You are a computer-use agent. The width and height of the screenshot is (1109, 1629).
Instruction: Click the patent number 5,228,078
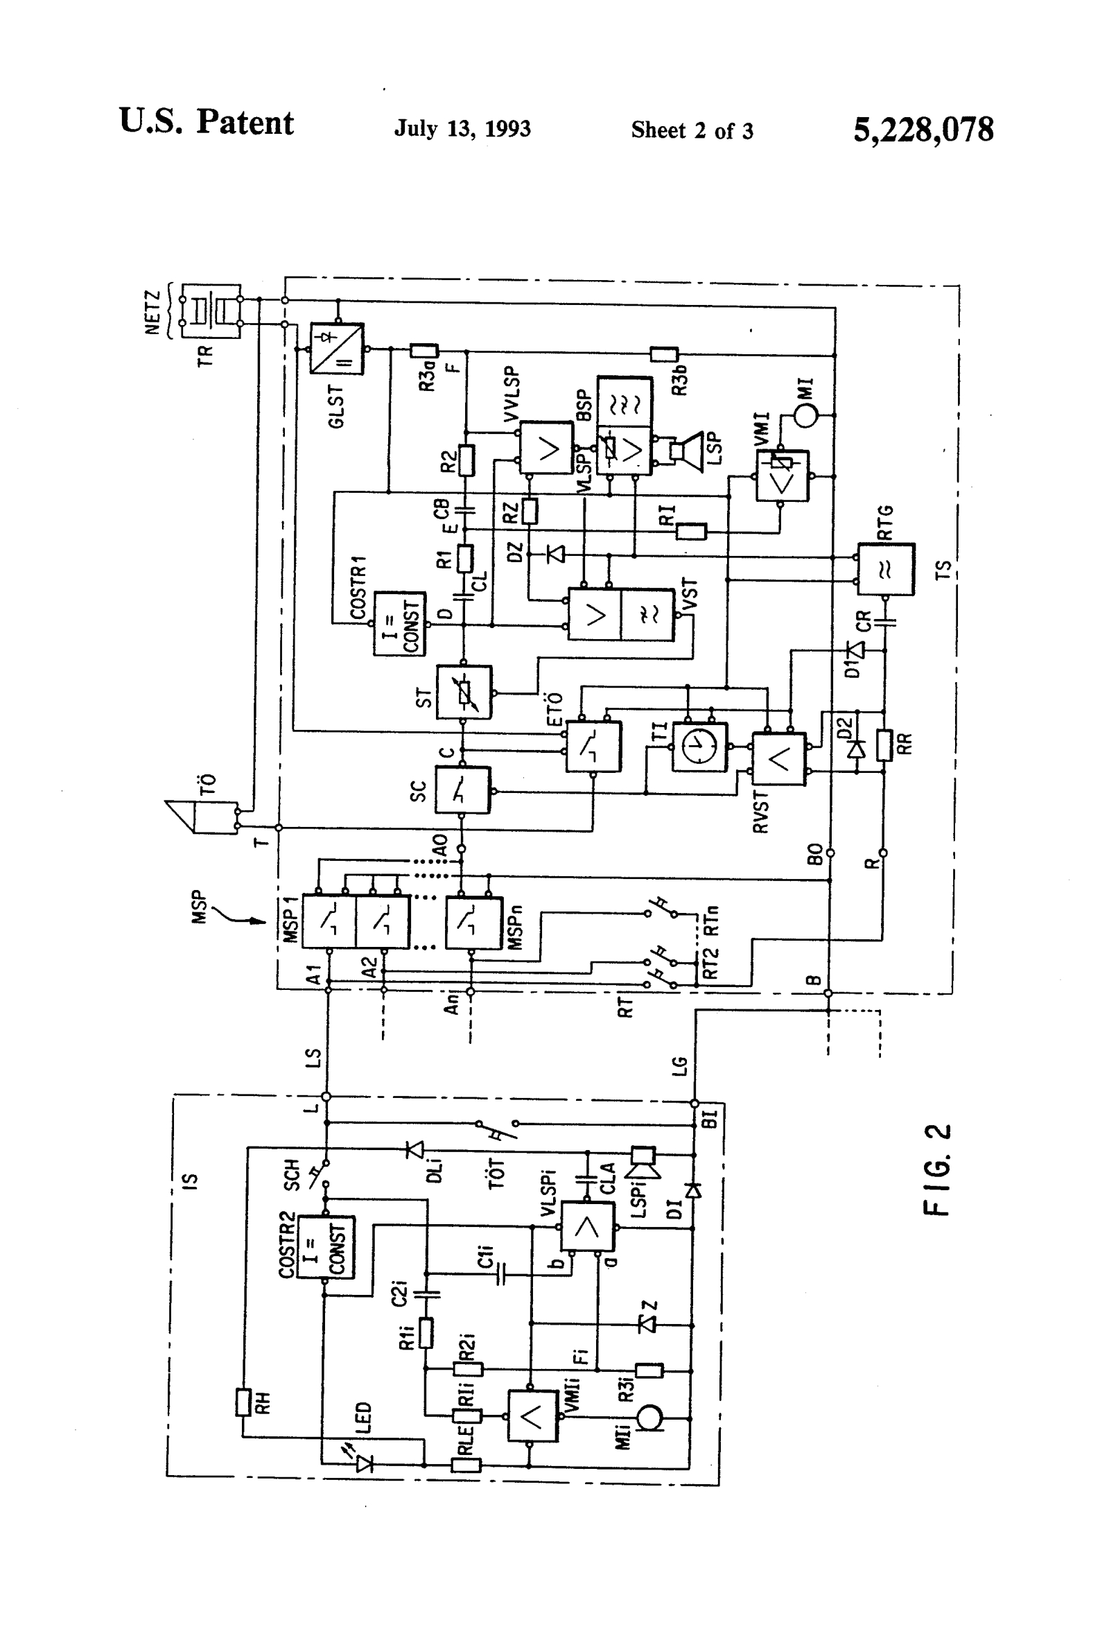[x=923, y=130]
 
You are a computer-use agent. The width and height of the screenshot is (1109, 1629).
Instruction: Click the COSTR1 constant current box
[x=399, y=623]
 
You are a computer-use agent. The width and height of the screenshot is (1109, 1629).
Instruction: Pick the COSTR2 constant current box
[x=326, y=1247]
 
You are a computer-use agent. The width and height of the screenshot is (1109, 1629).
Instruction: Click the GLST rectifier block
[x=337, y=349]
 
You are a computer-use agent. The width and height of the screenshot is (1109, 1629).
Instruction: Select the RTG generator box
[x=886, y=569]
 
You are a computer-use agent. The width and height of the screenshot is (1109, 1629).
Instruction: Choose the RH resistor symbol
[x=243, y=1402]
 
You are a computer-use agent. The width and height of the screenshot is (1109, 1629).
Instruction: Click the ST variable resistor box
[x=464, y=692]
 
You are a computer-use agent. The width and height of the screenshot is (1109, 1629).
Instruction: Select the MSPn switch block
[x=474, y=922]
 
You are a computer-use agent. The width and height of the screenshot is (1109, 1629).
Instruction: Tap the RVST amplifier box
[x=779, y=758]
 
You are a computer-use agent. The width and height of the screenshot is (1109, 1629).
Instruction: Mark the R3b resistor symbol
[x=664, y=354]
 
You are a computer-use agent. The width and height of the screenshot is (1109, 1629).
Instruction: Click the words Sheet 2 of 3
[x=692, y=130]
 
